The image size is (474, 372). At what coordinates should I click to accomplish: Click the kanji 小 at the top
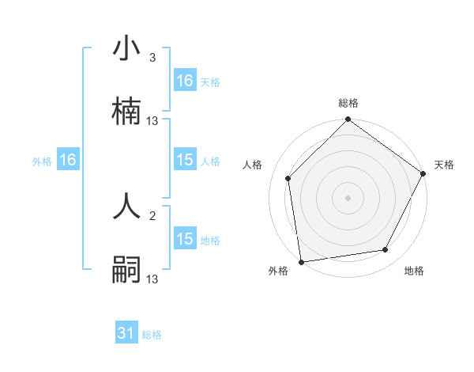pos(126,50)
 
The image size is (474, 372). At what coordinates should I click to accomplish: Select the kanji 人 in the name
pos(126,208)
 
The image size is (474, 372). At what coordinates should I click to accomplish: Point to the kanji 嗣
pos(126,270)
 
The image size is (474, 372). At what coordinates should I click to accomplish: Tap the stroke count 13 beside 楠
pos(152,121)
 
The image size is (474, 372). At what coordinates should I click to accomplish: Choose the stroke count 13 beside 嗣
pos(152,279)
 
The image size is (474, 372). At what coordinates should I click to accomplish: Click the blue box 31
pos(126,334)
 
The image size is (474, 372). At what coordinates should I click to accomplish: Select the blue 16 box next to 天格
pos(185,81)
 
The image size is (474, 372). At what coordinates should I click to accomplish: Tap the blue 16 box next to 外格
pos(68,161)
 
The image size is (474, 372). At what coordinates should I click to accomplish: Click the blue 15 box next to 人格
pos(185,161)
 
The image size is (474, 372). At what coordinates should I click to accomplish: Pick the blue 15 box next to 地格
pos(185,239)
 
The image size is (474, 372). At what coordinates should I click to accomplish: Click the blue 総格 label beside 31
pos(152,335)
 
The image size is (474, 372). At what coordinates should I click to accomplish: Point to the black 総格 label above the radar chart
pos(348,103)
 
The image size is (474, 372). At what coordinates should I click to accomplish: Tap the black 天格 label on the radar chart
pos(445,165)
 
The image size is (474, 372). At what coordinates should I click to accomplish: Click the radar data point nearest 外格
pos(301,261)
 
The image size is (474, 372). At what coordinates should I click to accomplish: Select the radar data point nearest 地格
pos(386,250)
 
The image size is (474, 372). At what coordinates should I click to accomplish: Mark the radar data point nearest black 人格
pos(288,178)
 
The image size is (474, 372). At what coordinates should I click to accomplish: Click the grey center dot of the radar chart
pos(348,197)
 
